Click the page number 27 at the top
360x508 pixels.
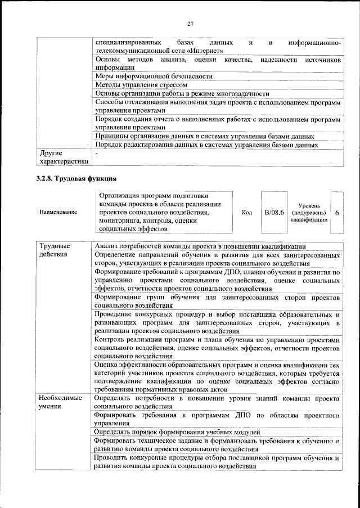pyautogui.click(x=191, y=23)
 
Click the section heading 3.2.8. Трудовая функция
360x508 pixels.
pyautogui.click(x=76, y=179)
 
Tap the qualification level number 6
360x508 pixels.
pyautogui.click(x=336, y=213)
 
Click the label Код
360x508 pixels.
pyautogui.click(x=246, y=213)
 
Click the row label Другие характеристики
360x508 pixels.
pyautogui.click(x=61, y=157)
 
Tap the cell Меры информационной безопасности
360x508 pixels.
pyautogui.click(x=154, y=75)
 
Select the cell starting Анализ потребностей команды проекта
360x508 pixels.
pyautogui.click(x=200, y=246)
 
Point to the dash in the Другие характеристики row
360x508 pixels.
pyautogui.click(x=97, y=153)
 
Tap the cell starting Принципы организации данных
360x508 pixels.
pyautogui.click(x=204, y=136)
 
